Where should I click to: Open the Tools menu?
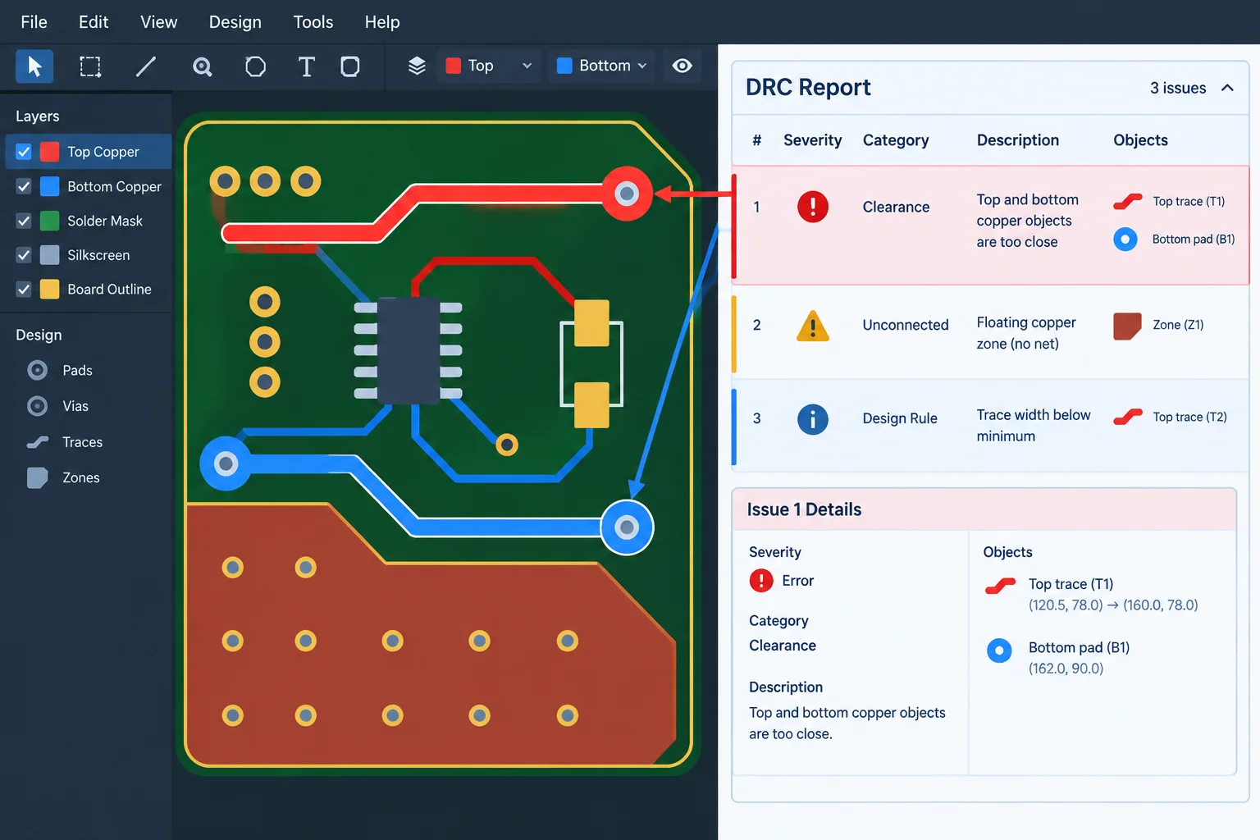tap(313, 22)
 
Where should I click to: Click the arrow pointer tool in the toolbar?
tap(34, 66)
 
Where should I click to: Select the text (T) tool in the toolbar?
tap(306, 66)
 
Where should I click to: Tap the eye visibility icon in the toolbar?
tap(682, 66)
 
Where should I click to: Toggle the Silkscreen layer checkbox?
tap(24, 255)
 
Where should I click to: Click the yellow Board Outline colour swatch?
tap(49, 290)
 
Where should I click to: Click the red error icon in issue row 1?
tap(813, 207)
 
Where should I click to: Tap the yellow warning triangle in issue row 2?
tap(813, 326)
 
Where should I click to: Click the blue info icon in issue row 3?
tap(813, 419)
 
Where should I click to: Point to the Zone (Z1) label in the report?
tap(1178, 325)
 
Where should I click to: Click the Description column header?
tap(1017, 140)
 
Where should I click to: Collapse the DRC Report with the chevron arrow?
tap(1227, 88)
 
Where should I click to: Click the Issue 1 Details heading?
tap(804, 509)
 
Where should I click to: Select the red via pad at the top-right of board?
tap(627, 194)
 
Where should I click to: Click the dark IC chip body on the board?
tap(409, 350)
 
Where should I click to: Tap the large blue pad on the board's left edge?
tap(226, 463)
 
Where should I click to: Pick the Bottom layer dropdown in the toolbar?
tap(601, 66)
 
